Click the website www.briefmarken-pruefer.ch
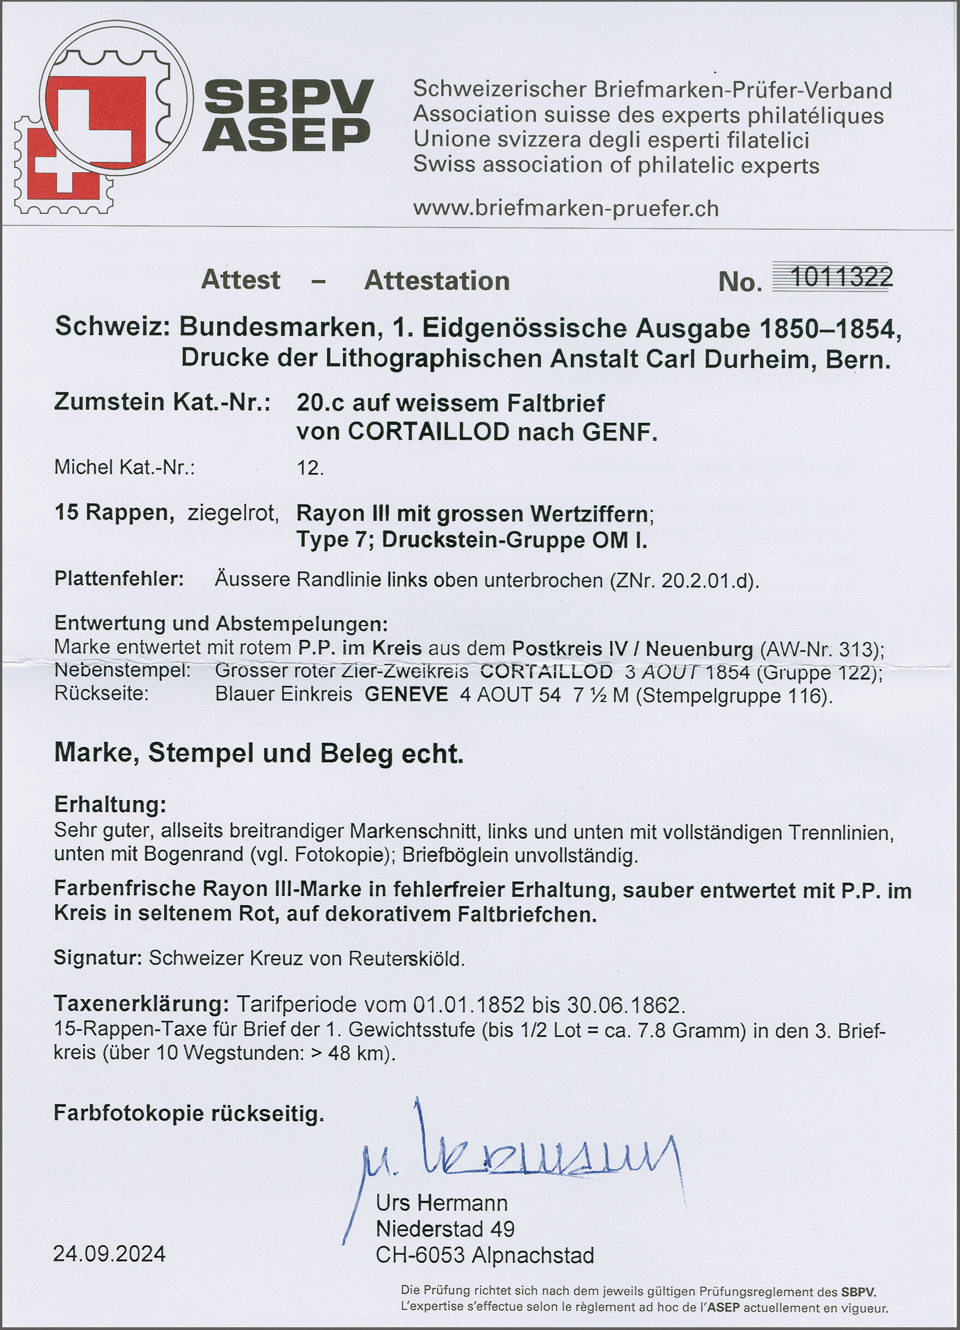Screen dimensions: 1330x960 click(566, 209)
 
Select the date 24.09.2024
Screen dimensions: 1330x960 click(109, 1255)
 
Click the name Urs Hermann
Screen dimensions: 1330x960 click(442, 1203)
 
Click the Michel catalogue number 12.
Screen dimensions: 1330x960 click(310, 468)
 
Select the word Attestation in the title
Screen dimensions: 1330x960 click(437, 281)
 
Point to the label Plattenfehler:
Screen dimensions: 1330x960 click(119, 579)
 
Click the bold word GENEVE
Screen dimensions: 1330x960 click(406, 695)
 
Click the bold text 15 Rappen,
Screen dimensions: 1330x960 click(114, 512)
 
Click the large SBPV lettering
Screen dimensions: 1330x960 click(288, 97)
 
